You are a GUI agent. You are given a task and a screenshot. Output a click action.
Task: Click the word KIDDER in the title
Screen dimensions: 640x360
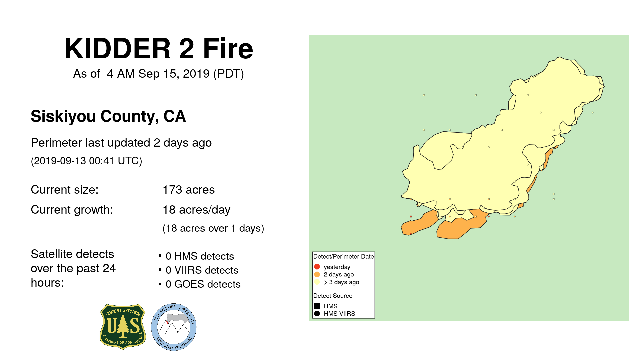118,49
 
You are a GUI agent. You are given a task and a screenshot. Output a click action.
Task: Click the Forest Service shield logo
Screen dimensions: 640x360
123,327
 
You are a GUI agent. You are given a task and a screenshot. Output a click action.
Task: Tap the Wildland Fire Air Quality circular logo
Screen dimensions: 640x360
174,327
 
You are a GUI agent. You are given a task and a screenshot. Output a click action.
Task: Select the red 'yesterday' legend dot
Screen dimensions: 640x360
317,267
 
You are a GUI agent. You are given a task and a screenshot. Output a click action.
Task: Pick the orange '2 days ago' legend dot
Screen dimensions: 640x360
317,274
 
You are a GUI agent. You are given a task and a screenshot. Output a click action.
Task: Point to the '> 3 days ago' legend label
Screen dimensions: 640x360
341,282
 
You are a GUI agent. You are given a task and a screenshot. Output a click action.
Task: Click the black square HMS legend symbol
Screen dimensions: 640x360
317,306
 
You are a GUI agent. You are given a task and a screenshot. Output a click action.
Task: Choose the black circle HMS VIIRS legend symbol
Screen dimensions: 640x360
317,313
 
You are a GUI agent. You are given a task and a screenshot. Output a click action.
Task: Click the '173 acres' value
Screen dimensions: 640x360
189,190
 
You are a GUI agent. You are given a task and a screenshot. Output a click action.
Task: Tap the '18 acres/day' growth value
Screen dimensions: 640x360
196,210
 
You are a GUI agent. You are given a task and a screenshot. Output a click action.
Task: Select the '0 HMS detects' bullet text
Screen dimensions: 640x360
200,256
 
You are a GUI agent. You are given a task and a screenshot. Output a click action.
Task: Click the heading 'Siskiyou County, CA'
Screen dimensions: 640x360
108,116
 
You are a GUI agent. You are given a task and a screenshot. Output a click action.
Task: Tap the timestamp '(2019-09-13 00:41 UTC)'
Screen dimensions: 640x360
87,161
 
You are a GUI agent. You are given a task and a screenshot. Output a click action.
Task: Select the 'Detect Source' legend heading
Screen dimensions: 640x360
333,296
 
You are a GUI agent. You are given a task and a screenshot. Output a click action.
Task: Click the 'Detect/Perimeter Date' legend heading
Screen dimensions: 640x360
343,256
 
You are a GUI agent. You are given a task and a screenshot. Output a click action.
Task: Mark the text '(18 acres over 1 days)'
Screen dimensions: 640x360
213,228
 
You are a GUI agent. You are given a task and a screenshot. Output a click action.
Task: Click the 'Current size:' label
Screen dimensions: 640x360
65,190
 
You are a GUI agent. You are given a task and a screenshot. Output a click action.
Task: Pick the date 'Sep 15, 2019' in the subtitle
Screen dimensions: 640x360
174,74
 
